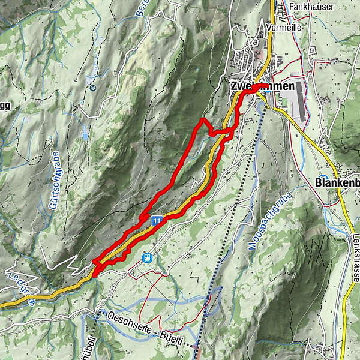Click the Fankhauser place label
[x=312, y=7]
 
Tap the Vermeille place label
[x=303, y=28]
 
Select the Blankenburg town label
[x=337, y=181]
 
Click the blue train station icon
[x=146, y=257]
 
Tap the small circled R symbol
[x=93, y=89]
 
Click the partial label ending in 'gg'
[x=5, y=106]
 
